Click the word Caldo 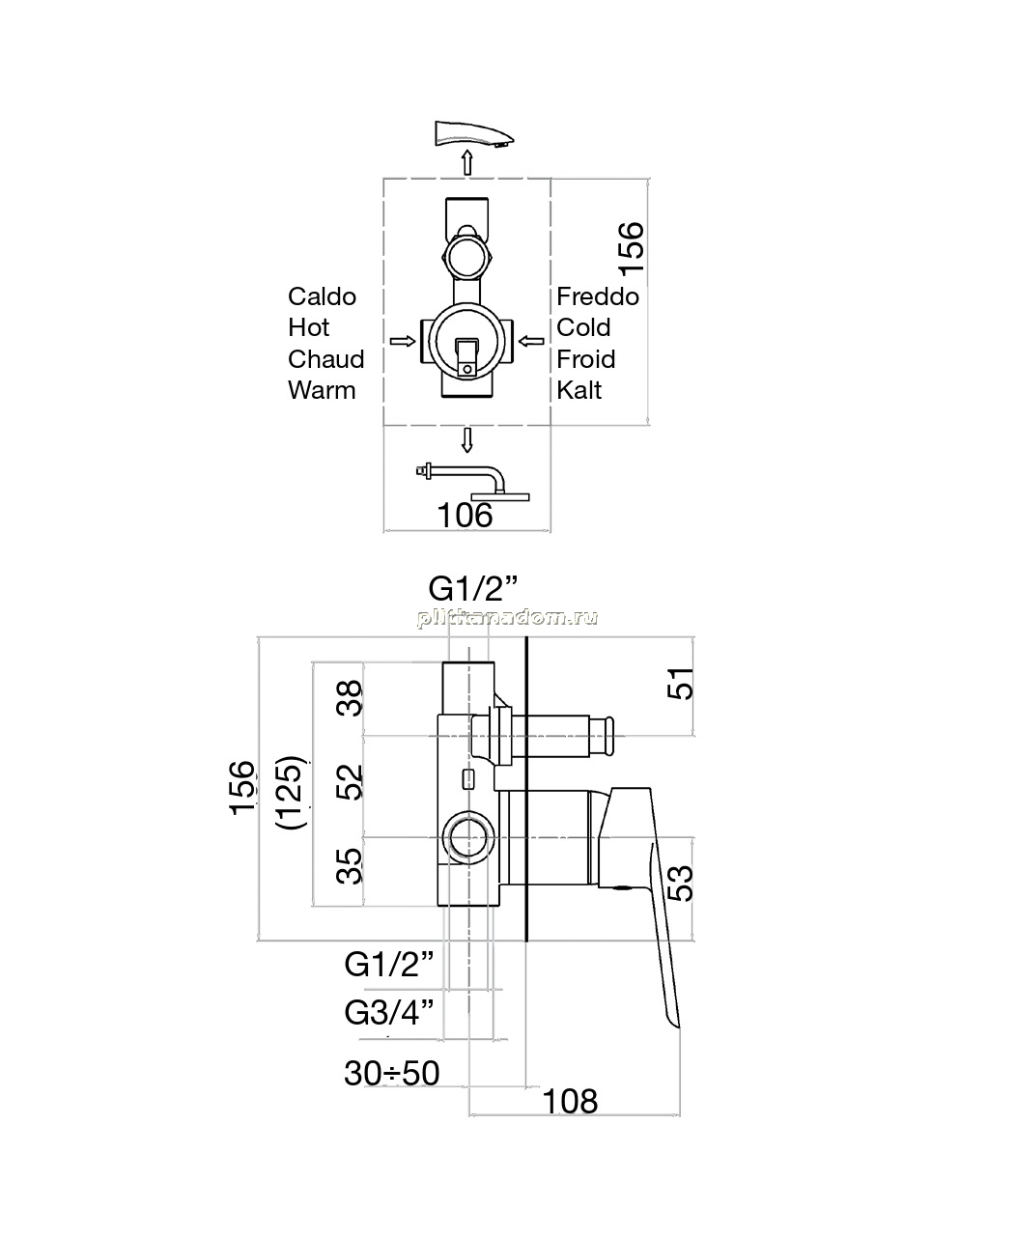pos(322,296)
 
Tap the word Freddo pos(598,296)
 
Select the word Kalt pos(579,391)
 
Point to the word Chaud pos(326,359)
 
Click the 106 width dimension pos(466,516)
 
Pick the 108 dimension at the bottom pos(571,1102)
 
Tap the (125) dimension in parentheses pos(291,793)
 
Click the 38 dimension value pos(350,698)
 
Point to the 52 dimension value pos(350,782)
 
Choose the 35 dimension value pos(350,866)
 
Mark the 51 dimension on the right pos(681,684)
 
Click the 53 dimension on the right pos(681,884)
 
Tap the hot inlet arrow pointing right pos(403,342)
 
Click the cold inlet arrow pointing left pos(531,342)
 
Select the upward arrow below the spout pos(466,162)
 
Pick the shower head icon pos(473,483)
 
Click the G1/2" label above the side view pos(473,588)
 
